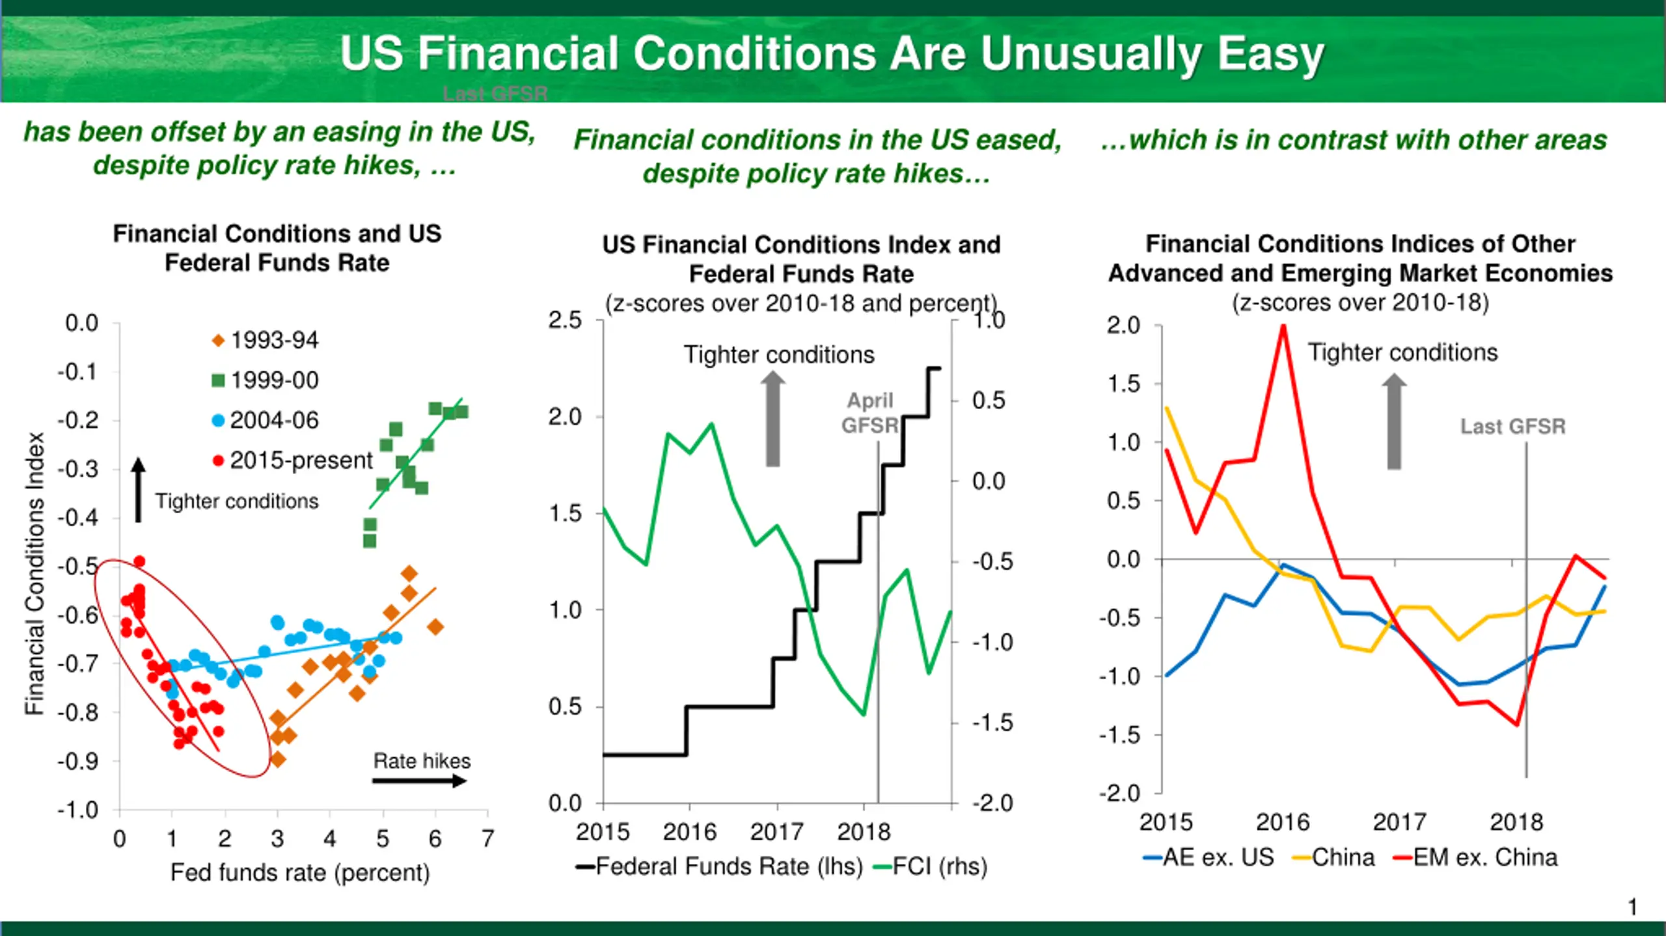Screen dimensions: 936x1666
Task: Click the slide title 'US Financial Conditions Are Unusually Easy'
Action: point(832,53)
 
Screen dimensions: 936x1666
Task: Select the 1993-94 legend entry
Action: point(265,340)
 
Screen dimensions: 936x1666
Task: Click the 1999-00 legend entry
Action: point(265,381)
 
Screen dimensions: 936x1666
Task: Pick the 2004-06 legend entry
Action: point(265,421)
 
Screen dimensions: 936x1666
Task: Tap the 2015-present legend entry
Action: point(292,461)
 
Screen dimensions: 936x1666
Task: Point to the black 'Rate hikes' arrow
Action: point(420,781)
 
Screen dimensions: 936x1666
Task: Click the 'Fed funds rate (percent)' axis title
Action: point(300,873)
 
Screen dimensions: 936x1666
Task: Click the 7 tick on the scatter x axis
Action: point(487,839)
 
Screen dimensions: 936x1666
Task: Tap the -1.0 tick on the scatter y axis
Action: point(77,810)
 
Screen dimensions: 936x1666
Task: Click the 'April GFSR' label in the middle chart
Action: point(869,413)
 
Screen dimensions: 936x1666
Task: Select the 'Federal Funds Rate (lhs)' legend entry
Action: point(718,866)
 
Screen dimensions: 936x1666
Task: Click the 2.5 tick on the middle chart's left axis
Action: point(565,320)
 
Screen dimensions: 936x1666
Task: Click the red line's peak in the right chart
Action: point(1283,327)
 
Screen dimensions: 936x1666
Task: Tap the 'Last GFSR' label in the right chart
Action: point(1512,427)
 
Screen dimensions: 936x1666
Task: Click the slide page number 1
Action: point(1632,907)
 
